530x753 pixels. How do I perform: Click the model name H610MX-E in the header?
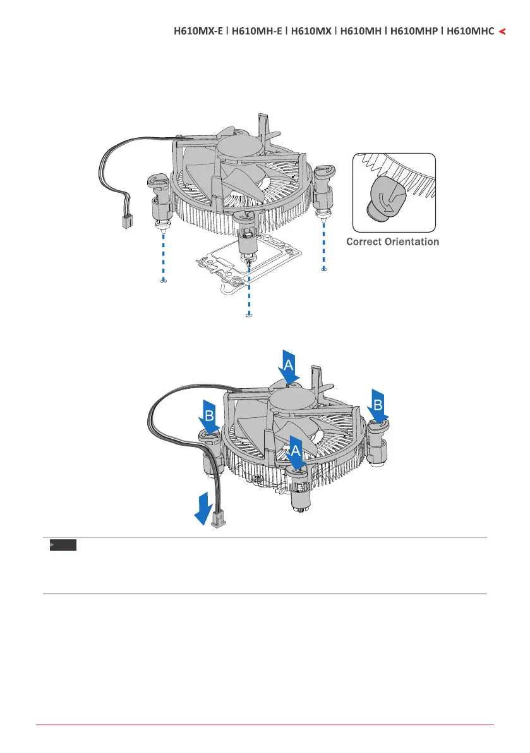coord(197,30)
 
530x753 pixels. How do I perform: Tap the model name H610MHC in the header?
coord(471,30)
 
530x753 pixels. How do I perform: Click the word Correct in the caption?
coord(367,242)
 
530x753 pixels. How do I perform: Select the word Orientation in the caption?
coord(414,242)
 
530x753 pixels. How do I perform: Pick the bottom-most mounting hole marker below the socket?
coord(249,314)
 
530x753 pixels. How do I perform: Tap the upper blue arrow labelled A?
coord(287,366)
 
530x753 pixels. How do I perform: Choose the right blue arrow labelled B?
coord(378,405)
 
